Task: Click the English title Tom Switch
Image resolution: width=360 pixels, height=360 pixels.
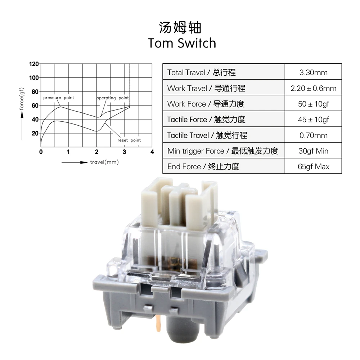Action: pos(182,43)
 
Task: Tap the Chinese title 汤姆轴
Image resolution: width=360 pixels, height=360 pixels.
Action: pos(180,28)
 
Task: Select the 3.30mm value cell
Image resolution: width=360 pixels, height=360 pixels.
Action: pos(313,72)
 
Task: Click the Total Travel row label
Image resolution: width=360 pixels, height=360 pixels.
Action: pos(201,72)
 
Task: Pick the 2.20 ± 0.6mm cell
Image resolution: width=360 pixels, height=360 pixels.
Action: pos(313,88)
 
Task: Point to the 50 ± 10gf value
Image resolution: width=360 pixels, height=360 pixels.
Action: pos(313,104)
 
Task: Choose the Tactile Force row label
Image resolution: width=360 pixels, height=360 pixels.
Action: pos(206,120)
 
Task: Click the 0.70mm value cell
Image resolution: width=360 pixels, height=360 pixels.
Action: pos(313,135)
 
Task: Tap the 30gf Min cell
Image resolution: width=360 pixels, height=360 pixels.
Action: pos(313,151)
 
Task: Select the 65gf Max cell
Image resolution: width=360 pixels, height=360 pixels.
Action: pos(313,166)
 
